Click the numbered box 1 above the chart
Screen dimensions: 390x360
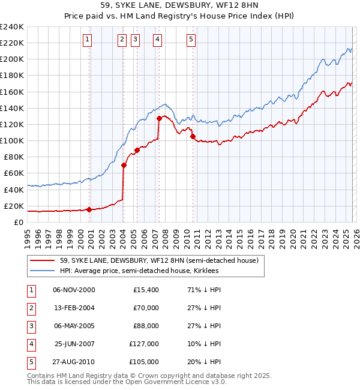88,40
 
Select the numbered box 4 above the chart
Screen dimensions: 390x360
157,40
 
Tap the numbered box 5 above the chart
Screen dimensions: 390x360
191,40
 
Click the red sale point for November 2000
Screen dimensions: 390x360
89,209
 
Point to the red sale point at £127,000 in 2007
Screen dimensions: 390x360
159,119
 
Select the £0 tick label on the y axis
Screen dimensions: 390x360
19,222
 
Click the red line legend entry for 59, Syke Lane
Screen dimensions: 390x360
159,260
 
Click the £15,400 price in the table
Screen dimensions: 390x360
146,290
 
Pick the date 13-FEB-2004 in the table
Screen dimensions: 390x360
74,308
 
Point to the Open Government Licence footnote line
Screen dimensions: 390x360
127,382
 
